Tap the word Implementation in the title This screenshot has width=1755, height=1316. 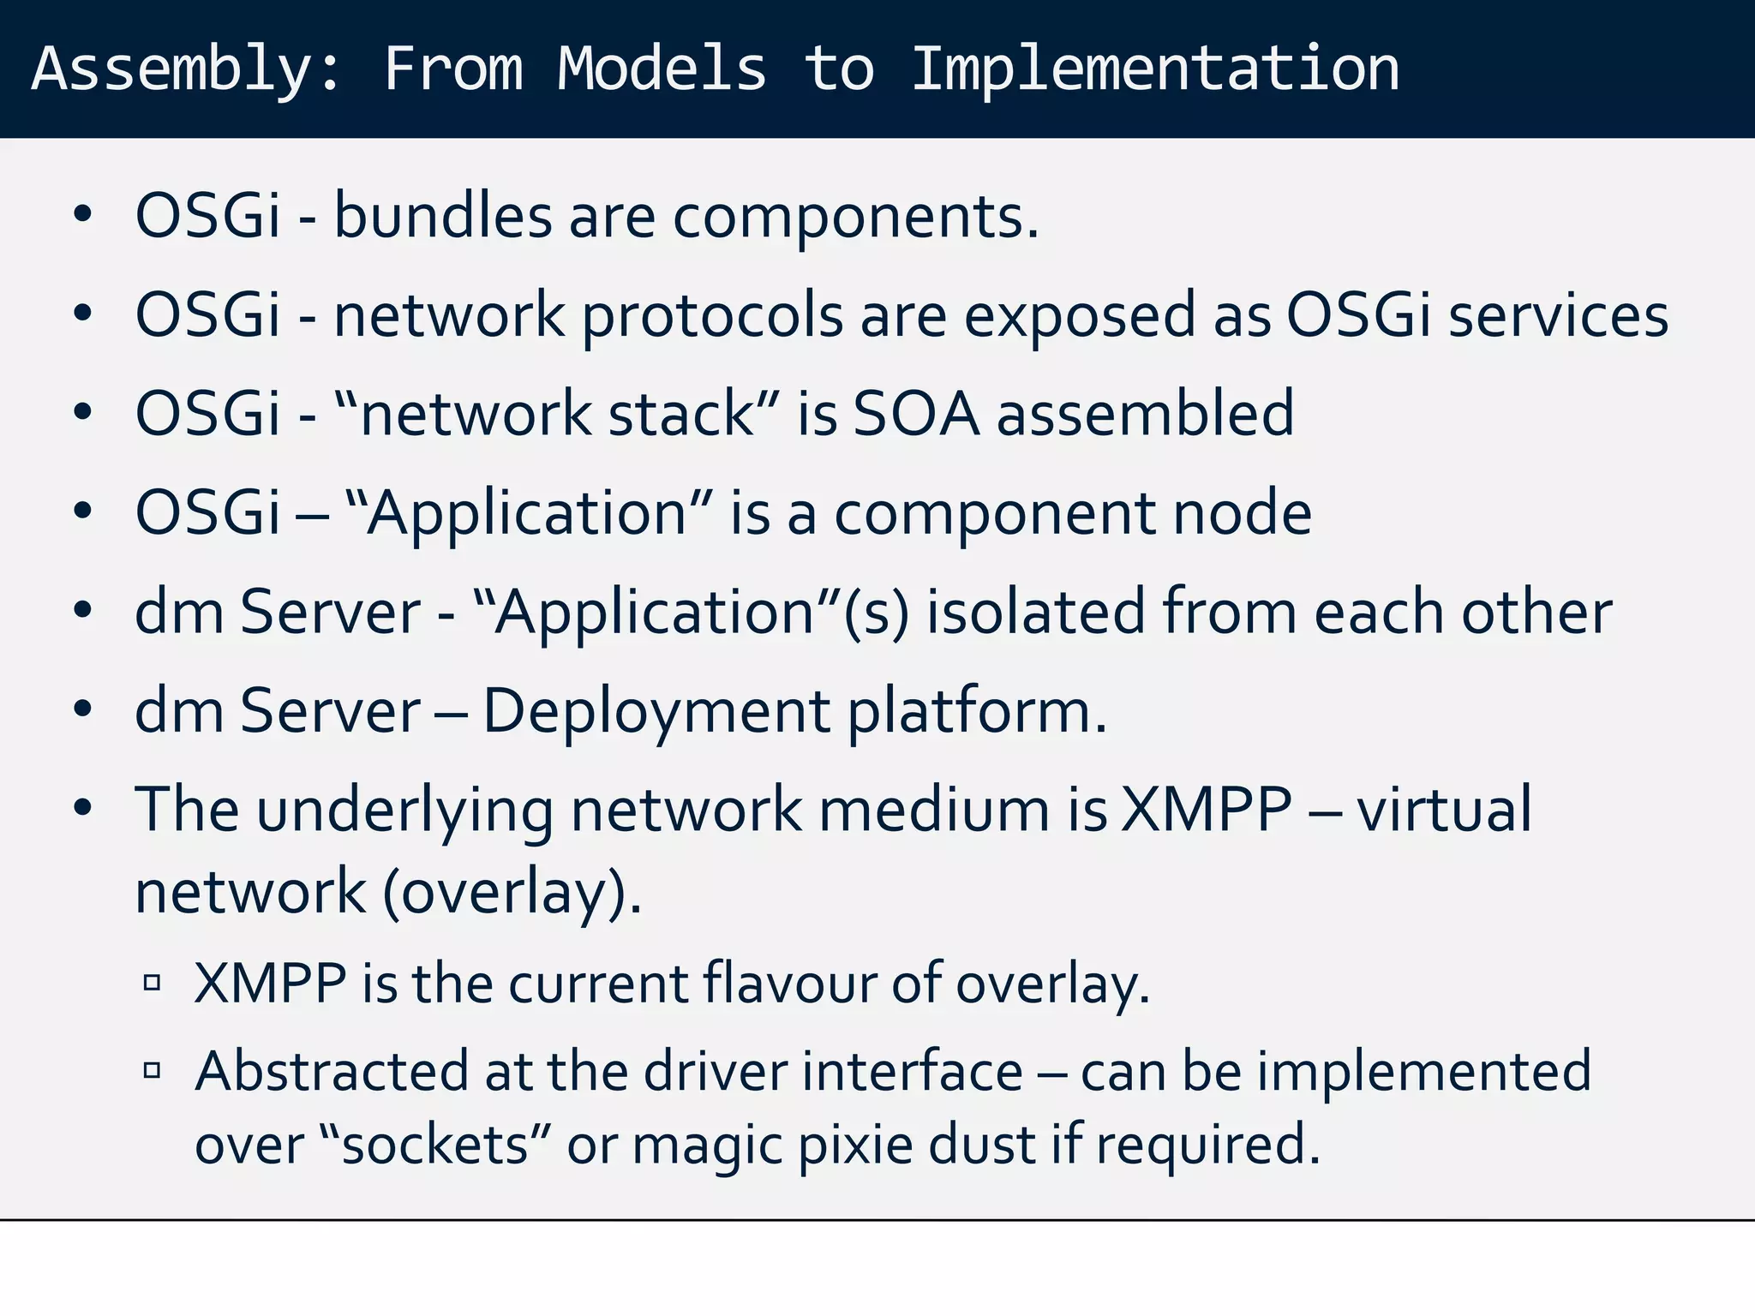[x=1155, y=69]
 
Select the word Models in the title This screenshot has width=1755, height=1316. [x=662, y=69]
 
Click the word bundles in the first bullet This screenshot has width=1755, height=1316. [x=442, y=215]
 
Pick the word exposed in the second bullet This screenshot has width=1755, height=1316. [x=1079, y=315]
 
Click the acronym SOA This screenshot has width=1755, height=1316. [x=916, y=414]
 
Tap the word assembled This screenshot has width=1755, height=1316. [x=1145, y=414]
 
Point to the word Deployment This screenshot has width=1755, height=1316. [x=656, y=711]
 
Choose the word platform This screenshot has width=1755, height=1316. [x=977, y=711]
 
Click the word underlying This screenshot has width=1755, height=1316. [x=404, y=810]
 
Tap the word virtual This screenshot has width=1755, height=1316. [x=1444, y=810]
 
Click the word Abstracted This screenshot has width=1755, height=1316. [x=332, y=1071]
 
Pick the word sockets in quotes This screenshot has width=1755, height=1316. [x=434, y=1145]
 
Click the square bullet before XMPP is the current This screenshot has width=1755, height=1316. [x=153, y=983]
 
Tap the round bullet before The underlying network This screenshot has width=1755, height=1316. [x=82, y=808]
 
